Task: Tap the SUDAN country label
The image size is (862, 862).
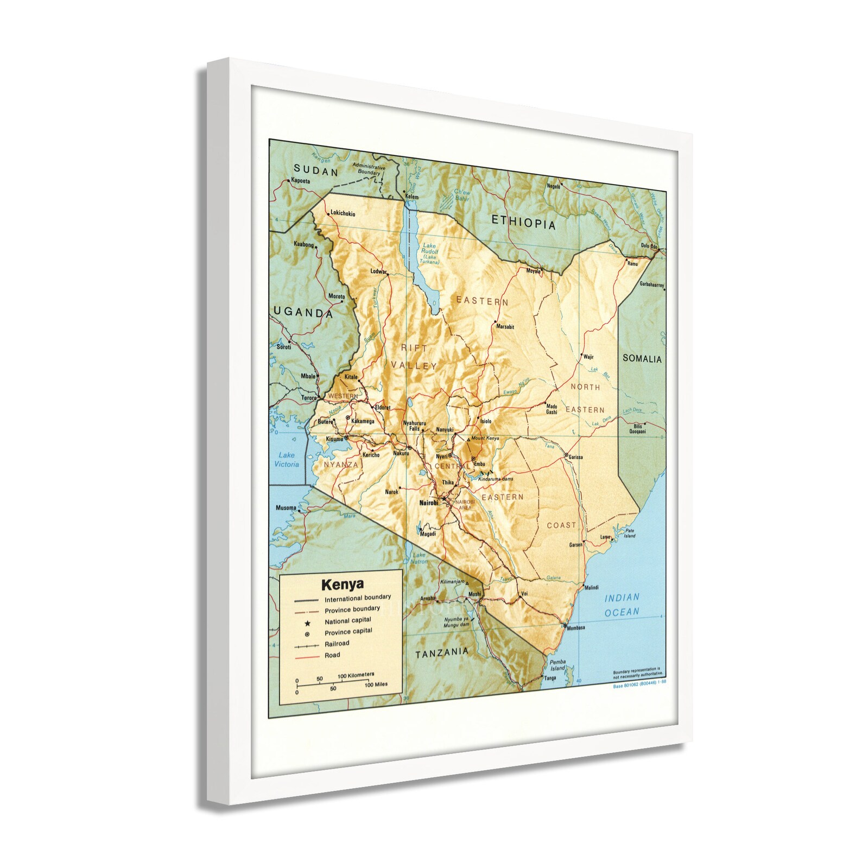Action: (x=315, y=172)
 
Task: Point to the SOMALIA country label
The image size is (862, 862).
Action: (x=642, y=359)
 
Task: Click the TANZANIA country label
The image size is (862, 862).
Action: (x=441, y=654)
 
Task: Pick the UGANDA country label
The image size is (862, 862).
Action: (x=303, y=313)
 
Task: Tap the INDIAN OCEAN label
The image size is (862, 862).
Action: (x=622, y=605)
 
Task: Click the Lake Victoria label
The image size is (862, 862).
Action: (x=286, y=460)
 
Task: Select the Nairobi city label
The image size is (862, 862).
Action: (x=428, y=503)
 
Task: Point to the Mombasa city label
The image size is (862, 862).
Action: (x=575, y=628)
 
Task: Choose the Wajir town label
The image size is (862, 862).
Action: (x=588, y=357)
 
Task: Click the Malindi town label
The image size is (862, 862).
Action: (x=592, y=588)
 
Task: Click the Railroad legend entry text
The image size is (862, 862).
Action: (x=337, y=644)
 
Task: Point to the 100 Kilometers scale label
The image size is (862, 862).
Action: (x=356, y=675)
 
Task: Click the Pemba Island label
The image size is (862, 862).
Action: (x=558, y=665)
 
